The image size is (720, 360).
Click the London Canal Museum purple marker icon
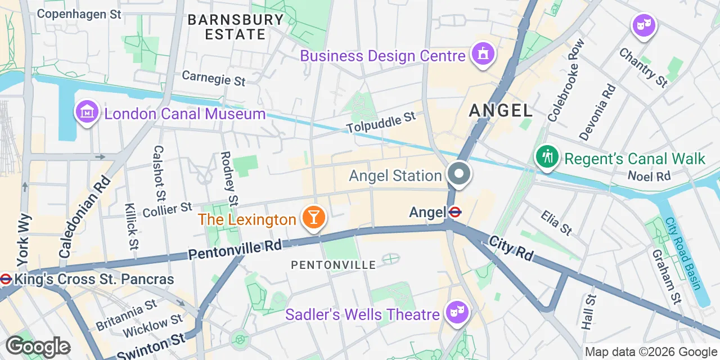[87, 112]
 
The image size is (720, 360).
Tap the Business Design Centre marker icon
[483, 55]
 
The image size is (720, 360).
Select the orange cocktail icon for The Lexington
[314, 218]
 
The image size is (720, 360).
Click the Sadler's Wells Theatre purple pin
[458, 312]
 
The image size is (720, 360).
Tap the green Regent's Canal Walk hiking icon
[546, 157]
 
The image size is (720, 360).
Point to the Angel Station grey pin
[459, 174]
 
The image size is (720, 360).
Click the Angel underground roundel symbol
[455, 212]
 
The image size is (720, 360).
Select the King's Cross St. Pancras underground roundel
[6, 278]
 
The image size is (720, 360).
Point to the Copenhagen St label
[79, 14]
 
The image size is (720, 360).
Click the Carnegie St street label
[213, 78]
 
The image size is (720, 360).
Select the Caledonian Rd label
[84, 217]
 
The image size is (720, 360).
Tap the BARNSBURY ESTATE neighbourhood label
[236, 27]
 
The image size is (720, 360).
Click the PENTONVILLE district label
[333, 264]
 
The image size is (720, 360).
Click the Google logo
[37, 346]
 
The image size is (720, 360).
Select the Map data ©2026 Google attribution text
[650, 352]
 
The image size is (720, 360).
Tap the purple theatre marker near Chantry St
[643, 25]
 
